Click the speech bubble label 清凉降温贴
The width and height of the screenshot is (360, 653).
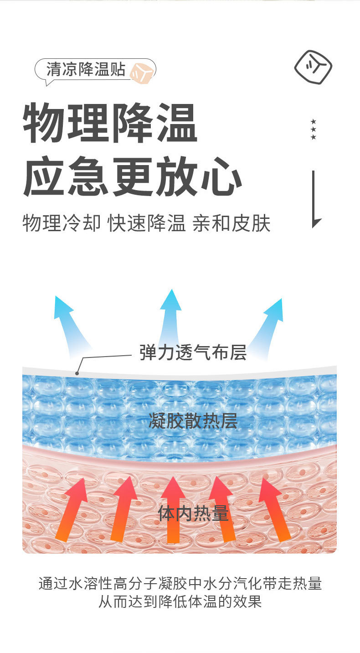point(86,70)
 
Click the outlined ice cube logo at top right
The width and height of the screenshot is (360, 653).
point(313,67)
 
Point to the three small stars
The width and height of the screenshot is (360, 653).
point(313,130)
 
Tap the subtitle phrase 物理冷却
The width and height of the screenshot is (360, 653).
point(61,223)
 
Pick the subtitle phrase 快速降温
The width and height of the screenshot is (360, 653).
point(146,223)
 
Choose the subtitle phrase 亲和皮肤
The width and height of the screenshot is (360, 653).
point(231,223)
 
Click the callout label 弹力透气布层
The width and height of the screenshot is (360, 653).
point(193,352)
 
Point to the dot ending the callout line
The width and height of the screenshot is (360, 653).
point(77,373)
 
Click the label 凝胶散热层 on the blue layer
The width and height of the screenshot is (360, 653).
point(193,421)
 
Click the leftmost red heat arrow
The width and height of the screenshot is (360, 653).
point(73,508)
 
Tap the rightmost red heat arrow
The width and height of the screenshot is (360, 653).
point(275,508)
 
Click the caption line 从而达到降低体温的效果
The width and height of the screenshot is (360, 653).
point(180,601)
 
